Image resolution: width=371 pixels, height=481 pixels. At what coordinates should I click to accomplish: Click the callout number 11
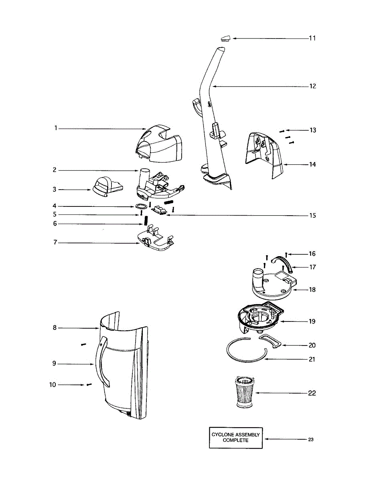pos(312,38)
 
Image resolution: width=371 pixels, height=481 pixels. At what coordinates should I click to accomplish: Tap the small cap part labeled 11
pos(225,38)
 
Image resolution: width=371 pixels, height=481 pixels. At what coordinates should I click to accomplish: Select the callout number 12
pos(312,86)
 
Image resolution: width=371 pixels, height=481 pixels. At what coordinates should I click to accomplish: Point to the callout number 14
pos(312,164)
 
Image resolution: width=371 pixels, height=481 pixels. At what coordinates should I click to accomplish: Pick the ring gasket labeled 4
pos(141,206)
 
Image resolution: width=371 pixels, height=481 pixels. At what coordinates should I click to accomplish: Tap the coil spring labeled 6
pos(147,220)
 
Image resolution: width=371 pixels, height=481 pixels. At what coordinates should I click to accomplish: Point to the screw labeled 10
pos(89,384)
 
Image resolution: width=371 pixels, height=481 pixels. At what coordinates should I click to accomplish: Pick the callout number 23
pos(311,439)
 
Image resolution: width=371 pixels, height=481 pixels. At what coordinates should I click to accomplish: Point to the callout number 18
pos(312,289)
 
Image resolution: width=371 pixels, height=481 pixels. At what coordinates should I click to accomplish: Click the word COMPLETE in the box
pos(235,441)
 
